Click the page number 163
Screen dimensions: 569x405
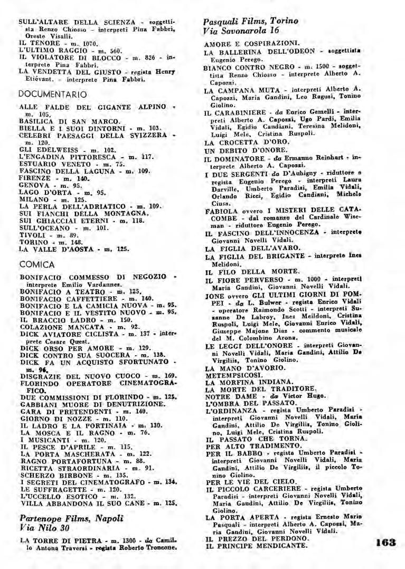[386, 542]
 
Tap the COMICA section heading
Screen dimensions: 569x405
[36, 264]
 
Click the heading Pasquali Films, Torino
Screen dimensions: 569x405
[250, 21]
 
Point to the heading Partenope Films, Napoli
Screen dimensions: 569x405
[71, 518]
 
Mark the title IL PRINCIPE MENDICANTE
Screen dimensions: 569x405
[256, 545]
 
